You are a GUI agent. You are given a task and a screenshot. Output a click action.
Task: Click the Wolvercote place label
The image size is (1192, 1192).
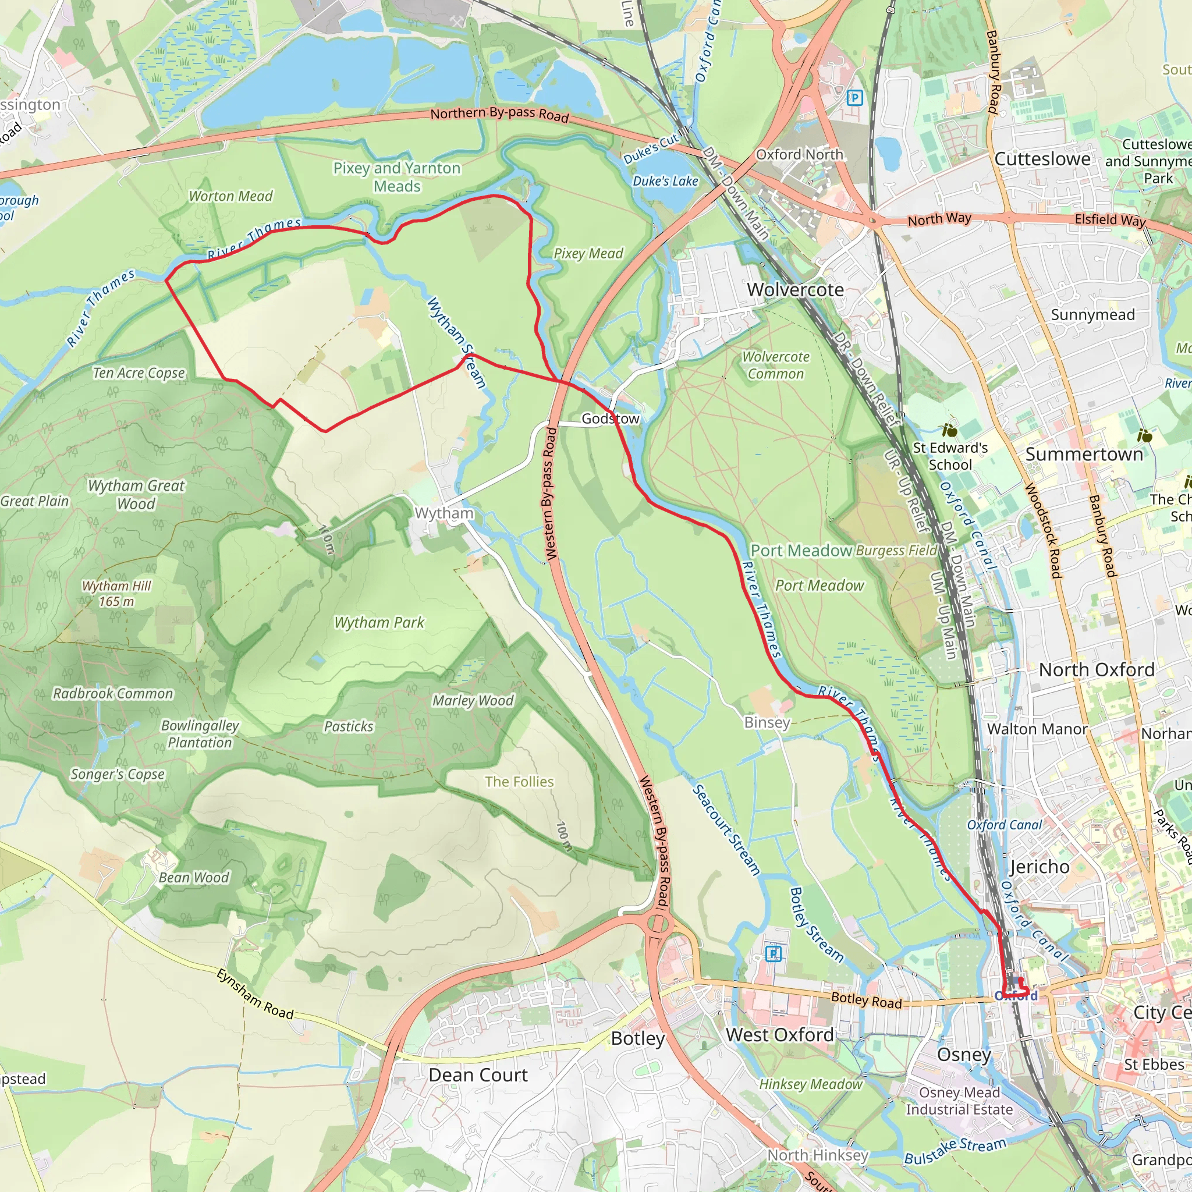794,289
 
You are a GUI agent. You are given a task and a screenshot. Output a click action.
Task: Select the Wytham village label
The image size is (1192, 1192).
444,513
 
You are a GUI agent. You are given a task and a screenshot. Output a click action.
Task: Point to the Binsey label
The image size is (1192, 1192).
767,722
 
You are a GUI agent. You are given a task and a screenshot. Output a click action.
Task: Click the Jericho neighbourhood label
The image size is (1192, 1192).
1039,867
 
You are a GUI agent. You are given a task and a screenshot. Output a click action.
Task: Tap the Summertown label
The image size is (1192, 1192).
1083,454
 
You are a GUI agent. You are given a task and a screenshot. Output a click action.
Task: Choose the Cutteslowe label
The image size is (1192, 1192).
1042,158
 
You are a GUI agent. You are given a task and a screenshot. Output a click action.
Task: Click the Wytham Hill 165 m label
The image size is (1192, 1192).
116,594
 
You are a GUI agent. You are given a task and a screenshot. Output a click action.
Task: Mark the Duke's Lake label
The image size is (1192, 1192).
665,182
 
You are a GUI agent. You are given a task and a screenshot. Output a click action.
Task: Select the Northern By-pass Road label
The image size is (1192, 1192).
499,114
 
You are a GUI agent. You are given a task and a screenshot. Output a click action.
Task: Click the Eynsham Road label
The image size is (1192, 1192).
254,994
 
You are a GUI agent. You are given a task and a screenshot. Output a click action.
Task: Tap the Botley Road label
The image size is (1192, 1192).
866,1000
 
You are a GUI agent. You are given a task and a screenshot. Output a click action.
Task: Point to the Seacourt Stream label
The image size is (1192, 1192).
726,830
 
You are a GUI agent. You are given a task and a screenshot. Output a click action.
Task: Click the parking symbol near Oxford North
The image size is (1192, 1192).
854,97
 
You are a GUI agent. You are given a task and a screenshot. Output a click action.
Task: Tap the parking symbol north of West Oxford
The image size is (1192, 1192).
773,954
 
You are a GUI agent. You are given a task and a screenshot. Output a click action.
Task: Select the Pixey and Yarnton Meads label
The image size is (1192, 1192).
397,177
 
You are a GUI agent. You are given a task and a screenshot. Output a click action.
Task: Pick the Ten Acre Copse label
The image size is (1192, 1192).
139,372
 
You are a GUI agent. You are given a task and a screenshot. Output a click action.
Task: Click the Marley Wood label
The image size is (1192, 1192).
473,700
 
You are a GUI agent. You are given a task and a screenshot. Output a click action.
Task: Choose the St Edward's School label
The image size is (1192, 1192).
950,456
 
